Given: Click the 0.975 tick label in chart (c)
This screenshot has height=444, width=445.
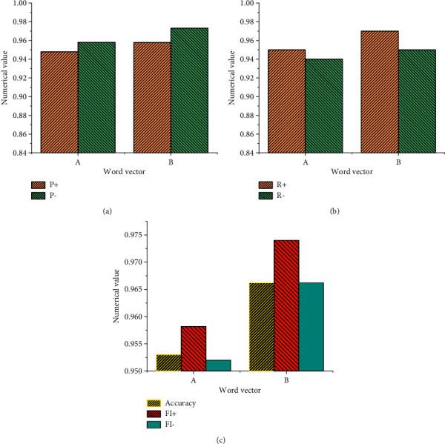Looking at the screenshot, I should coord(136,235).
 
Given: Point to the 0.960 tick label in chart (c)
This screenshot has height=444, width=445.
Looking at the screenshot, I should coord(136,317).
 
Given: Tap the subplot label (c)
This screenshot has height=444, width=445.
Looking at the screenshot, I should coord(221,440).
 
